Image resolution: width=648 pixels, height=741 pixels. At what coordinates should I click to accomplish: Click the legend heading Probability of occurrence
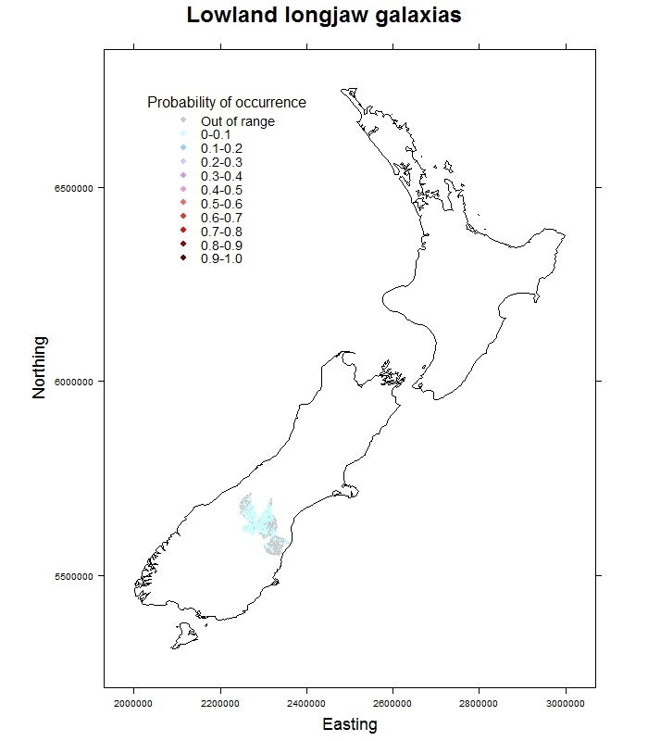[x=227, y=102]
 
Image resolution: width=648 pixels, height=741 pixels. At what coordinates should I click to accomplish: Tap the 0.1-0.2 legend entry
[x=220, y=149]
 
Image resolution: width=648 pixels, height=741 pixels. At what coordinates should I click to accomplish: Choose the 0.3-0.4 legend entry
[x=220, y=176]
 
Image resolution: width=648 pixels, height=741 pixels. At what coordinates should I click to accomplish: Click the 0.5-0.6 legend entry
[x=220, y=204]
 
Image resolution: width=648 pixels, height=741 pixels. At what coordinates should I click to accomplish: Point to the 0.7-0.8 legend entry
[x=220, y=232]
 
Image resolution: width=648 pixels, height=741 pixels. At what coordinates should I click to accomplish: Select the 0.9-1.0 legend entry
[x=220, y=258]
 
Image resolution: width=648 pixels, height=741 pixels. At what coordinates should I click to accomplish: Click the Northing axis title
[x=39, y=368]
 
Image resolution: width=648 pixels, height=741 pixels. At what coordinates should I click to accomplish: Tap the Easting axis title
[x=349, y=724]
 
